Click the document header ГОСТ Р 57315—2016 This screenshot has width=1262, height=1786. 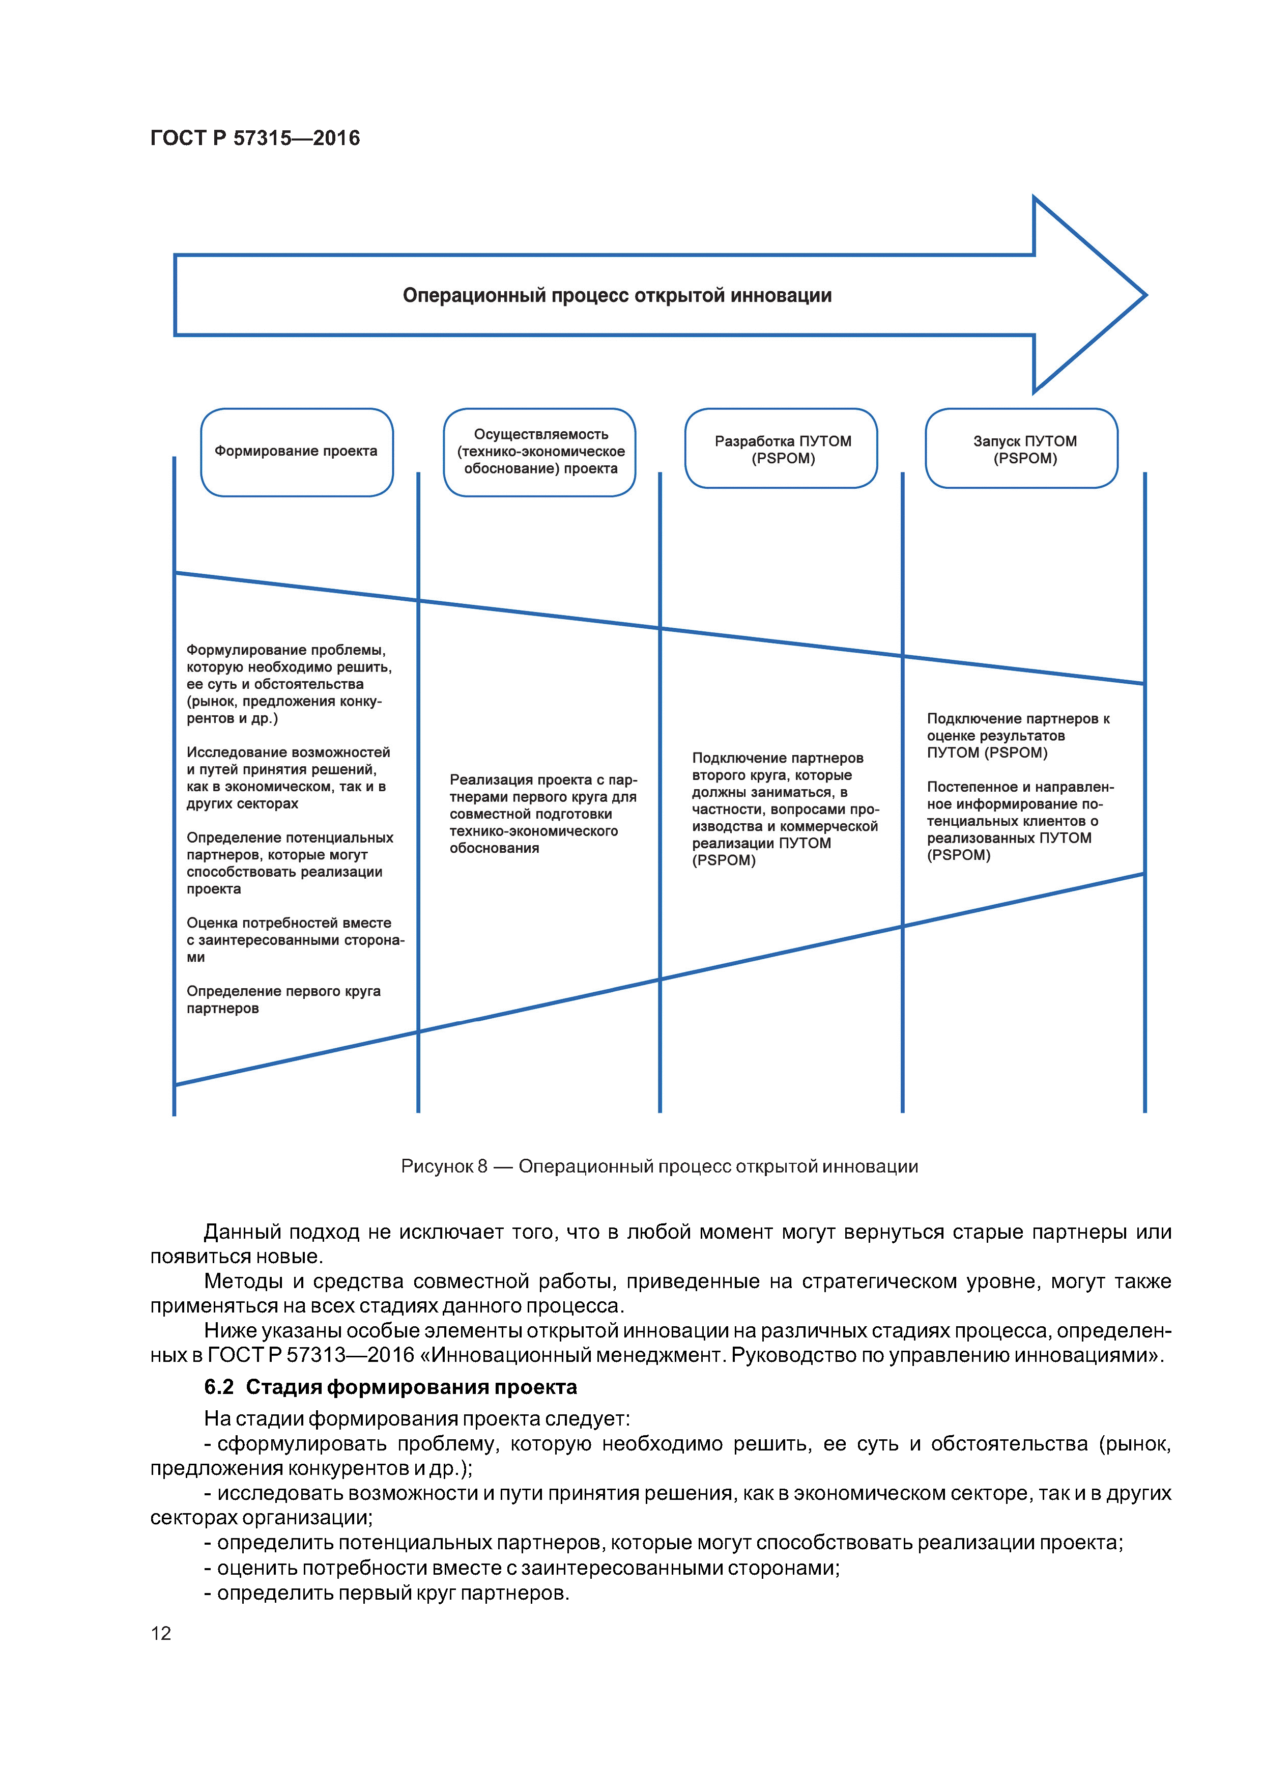255,138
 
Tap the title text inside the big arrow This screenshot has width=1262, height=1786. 617,296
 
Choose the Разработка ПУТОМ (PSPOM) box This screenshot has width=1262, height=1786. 782,449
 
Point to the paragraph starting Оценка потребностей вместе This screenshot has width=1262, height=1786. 294,940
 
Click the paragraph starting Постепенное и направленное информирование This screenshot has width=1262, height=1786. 1019,821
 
